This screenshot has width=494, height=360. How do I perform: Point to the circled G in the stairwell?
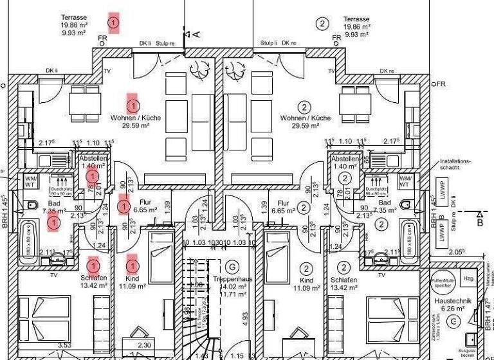[x=232, y=267]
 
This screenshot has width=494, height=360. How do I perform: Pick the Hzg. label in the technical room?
[x=469, y=278]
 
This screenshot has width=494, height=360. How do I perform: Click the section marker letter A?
[x=196, y=33]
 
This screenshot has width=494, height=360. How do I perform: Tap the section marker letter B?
[x=479, y=222]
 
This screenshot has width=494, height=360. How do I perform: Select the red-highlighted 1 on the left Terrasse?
[x=114, y=23]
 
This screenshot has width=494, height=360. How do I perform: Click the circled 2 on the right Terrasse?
[x=322, y=24]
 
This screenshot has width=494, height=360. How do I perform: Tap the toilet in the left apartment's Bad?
[x=30, y=206]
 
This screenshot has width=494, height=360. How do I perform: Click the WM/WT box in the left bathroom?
[x=31, y=181]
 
